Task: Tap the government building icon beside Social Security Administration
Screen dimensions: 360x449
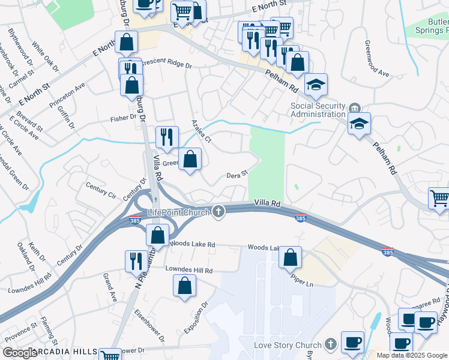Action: tap(354, 107)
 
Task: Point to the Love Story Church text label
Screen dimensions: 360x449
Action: tap(288, 345)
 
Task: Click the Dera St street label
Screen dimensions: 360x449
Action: tap(237, 175)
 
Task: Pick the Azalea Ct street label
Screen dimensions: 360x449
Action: tap(201, 130)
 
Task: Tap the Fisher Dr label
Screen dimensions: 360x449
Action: tap(124, 118)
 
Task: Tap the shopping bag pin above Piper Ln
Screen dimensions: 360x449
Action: tap(290, 257)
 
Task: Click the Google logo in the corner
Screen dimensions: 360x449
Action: tap(20, 353)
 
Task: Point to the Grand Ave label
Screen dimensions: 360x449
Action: tap(109, 287)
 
